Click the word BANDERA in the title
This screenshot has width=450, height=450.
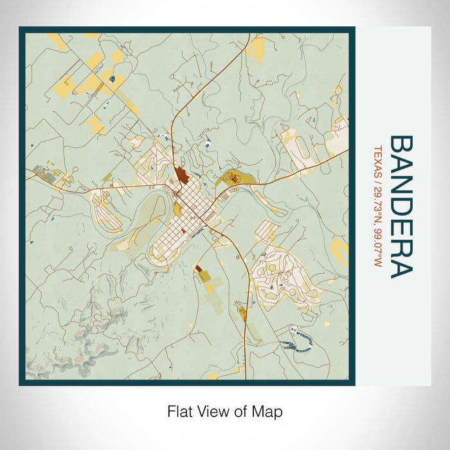point(401,206)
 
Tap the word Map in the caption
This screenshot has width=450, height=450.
point(268,411)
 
